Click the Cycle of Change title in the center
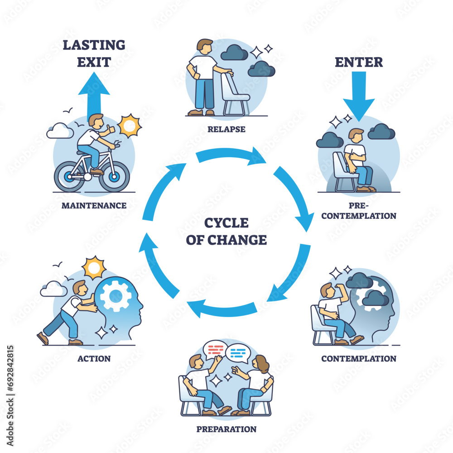click(226, 231)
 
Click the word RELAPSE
click(226, 129)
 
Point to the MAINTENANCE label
click(94, 205)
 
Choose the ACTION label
click(94, 358)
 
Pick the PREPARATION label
click(226, 429)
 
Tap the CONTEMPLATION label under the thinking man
click(359, 358)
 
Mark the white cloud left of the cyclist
click(60, 131)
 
